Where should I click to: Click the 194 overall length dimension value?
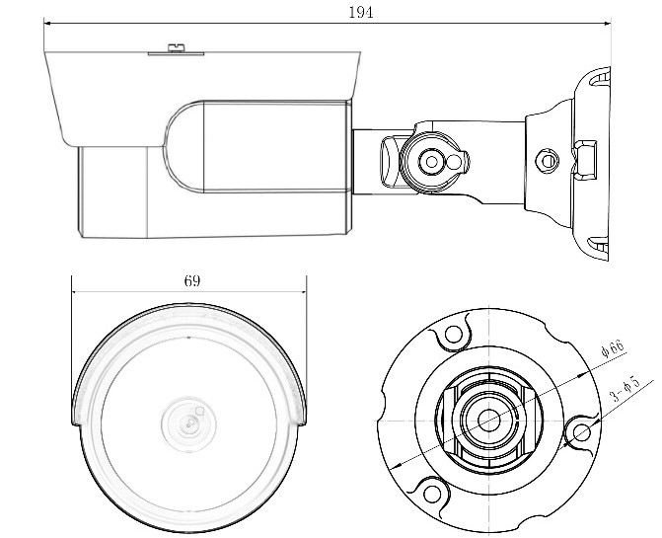click(x=360, y=12)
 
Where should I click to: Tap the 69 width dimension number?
click(x=192, y=280)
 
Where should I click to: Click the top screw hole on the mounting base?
click(x=452, y=335)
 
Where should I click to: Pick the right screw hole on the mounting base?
click(x=582, y=432)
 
